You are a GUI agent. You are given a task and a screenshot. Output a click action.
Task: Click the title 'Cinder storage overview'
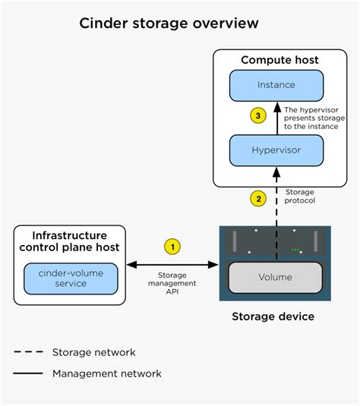(x=169, y=24)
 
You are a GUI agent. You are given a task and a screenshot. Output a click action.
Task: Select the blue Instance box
(x=276, y=85)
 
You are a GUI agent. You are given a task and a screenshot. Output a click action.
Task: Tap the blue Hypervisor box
(x=276, y=150)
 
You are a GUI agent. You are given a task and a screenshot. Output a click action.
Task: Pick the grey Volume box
(x=275, y=276)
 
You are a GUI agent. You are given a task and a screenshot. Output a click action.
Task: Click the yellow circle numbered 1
(x=173, y=247)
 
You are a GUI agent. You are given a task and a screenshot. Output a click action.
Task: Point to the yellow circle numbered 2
(x=258, y=199)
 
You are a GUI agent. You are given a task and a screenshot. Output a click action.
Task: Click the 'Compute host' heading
(x=279, y=60)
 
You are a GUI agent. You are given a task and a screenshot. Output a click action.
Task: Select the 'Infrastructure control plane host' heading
(x=69, y=242)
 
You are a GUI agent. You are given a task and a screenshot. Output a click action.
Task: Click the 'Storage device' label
(x=273, y=316)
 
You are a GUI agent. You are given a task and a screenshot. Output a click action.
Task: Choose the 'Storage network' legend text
(x=93, y=352)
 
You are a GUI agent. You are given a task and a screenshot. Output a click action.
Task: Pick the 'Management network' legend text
(x=106, y=373)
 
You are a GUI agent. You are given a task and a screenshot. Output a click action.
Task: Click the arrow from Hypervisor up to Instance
(x=276, y=118)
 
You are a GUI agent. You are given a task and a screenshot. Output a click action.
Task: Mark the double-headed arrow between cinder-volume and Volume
(x=173, y=265)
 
